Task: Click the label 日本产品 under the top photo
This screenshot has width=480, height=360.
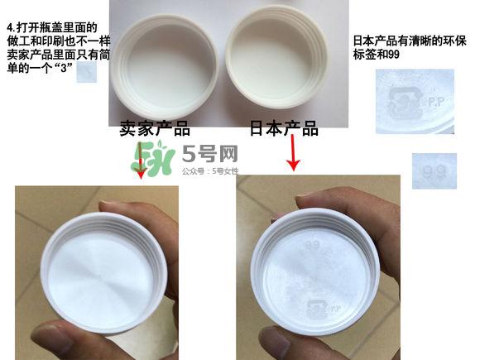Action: coord(284,129)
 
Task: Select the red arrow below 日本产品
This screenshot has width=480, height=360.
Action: coord(293,154)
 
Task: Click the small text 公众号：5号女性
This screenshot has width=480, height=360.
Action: coord(210,172)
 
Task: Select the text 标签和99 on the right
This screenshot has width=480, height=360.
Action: coord(377,55)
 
